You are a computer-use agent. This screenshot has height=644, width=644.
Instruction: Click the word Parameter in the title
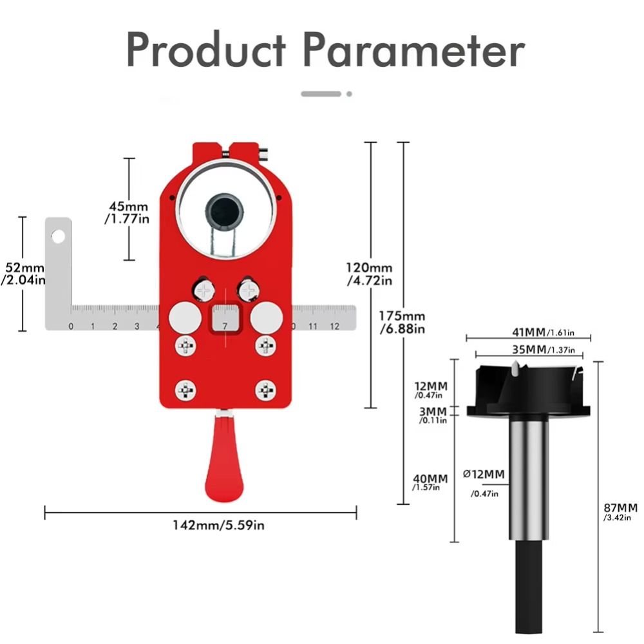[413, 50]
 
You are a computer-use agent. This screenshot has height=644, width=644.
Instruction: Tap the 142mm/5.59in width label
[218, 525]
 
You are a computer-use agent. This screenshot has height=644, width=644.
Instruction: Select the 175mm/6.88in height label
[402, 322]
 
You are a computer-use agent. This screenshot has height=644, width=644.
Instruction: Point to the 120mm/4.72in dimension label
[369, 274]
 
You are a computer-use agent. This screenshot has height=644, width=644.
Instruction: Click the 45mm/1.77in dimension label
[128, 213]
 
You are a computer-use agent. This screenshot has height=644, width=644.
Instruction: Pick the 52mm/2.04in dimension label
[24, 273]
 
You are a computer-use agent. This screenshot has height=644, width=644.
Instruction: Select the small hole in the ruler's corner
[59, 236]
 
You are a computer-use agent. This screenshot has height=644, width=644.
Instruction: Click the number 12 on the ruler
[334, 327]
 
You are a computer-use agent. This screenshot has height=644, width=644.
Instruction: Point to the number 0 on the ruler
[71, 327]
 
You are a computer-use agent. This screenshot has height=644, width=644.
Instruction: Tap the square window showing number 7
[225, 319]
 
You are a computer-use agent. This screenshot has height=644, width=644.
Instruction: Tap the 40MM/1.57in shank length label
[430, 483]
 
